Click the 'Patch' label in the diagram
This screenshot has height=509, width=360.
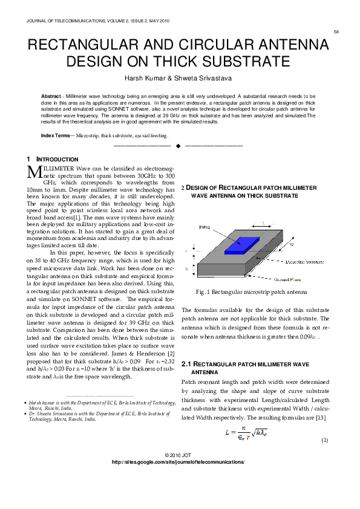tap(205, 224)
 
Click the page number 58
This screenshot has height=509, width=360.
tap(336, 31)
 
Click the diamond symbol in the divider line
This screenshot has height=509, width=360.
tap(178, 146)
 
